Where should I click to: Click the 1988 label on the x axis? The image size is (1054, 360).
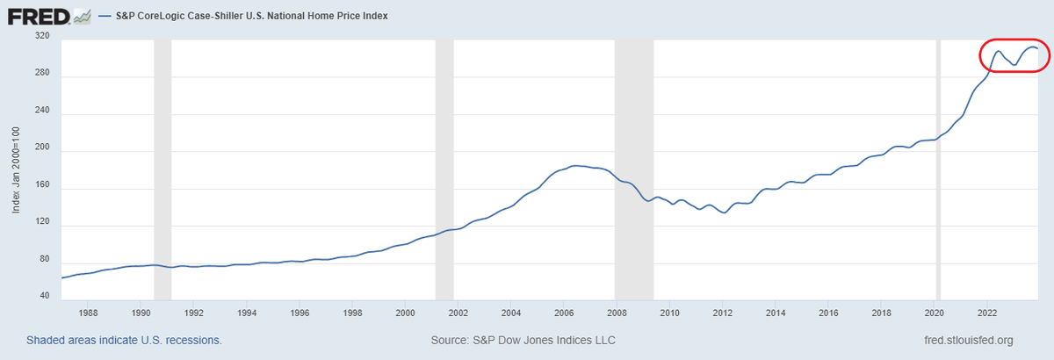[x=88, y=313]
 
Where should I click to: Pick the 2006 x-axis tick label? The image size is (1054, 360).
[x=564, y=313]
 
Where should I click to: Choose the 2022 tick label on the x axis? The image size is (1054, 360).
[x=986, y=313]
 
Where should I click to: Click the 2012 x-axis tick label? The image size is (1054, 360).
[x=722, y=313]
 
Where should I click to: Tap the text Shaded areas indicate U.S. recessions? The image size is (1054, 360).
[x=124, y=340]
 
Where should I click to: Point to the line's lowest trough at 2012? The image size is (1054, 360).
[x=724, y=213]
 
